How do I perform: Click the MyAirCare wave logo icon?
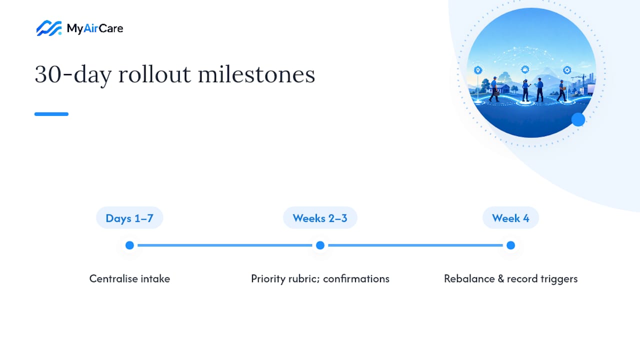tap(49, 28)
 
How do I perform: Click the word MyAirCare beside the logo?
tap(95, 28)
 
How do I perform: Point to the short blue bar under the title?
tap(51, 114)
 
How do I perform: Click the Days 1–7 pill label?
tap(129, 218)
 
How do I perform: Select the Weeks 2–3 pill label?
tap(320, 218)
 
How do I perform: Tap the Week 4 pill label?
tap(510, 218)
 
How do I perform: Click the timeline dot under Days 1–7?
tap(129, 245)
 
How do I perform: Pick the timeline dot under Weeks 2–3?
tap(320, 245)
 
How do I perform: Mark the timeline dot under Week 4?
tap(510, 245)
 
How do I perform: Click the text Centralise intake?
tap(129, 278)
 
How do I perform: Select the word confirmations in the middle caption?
tap(356, 278)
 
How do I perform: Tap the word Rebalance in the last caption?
tap(469, 278)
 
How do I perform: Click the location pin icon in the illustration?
tap(478, 70)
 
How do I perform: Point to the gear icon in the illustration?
tap(567, 70)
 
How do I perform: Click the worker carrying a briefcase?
tap(494, 89)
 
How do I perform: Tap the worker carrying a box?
tap(561, 90)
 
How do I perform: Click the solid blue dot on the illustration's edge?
tap(578, 119)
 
